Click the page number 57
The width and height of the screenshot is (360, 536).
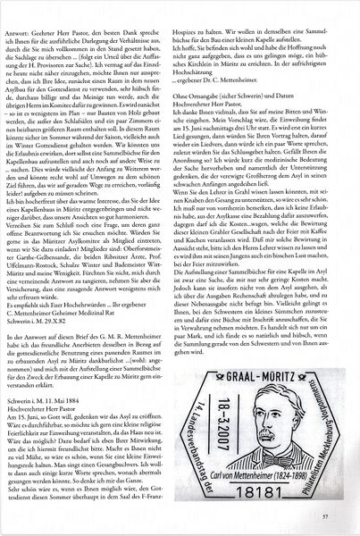click(x=325, y=516)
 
